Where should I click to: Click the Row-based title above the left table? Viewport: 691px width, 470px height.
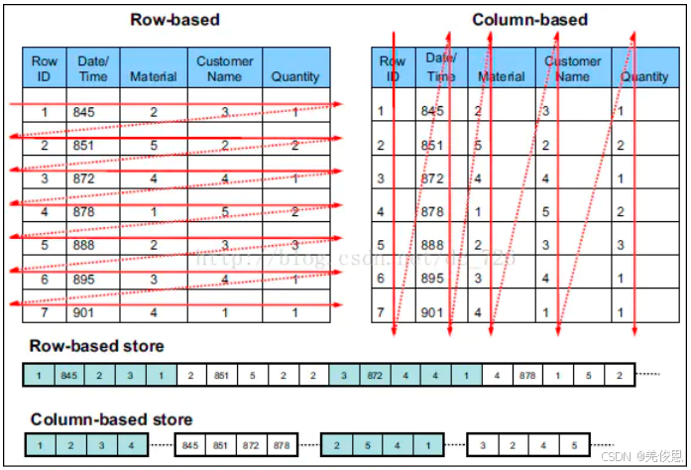[x=174, y=19]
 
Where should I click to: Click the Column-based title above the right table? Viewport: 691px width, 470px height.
[x=529, y=19]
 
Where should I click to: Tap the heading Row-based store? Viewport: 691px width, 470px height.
[x=96, y=346]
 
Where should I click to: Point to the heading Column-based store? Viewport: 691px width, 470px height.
[x=111, y=419]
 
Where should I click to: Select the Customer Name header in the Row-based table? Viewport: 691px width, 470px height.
[x=225, y=67]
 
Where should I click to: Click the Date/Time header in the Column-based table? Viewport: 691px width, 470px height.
[x=440, y=67]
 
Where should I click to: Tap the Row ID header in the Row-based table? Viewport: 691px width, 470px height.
[x=45, y=67]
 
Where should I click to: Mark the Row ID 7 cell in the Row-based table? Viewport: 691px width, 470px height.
[x=45, y=312]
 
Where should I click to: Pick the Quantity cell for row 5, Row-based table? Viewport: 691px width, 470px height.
[x=295, y=245]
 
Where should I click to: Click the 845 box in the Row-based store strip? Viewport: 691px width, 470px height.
[x=67, y=376]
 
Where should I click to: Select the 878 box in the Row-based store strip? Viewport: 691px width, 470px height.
[x=526, y=376]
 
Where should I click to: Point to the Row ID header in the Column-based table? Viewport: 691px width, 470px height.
[x=393, y=67]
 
